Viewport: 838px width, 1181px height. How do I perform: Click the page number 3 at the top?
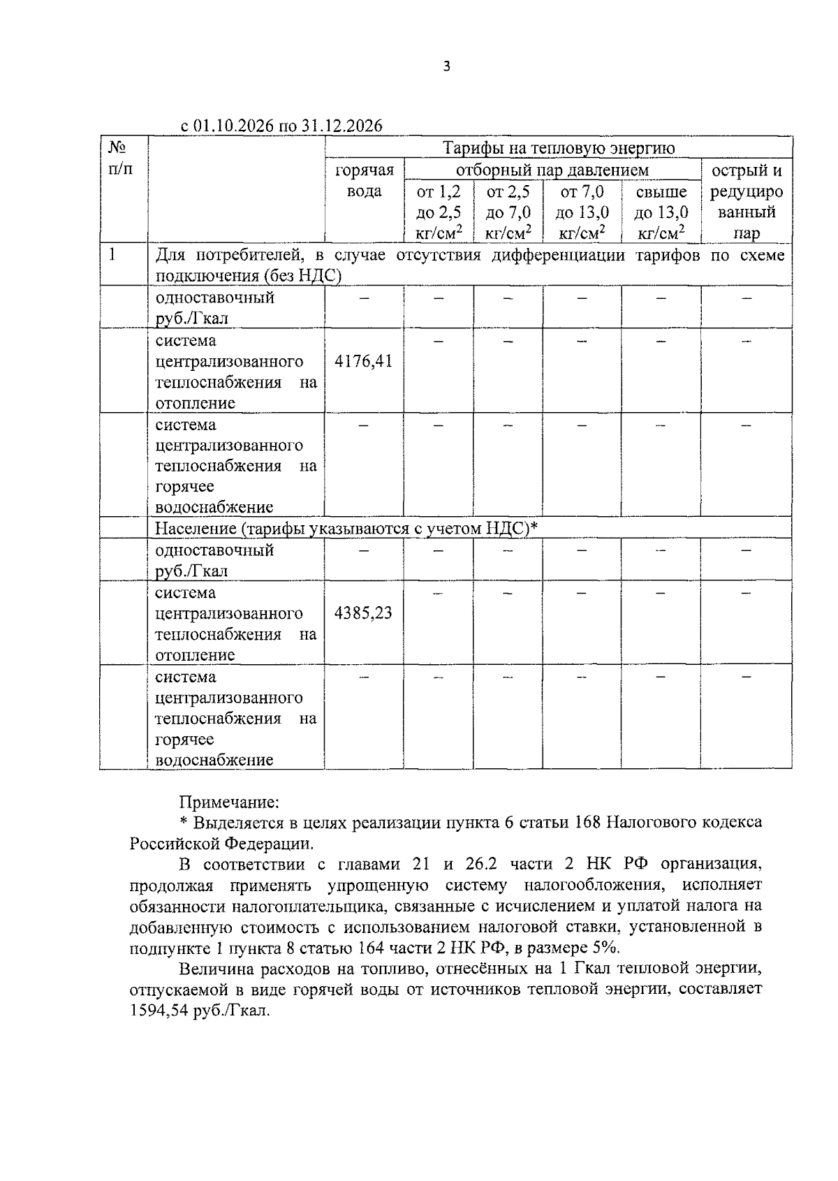[x=447, y=67]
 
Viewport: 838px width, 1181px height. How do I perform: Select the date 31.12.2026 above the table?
[x=342, y=126]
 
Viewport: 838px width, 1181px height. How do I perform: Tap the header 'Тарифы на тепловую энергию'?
[x=559, y=148]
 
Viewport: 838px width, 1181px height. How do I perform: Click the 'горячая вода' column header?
[x=364, y=181]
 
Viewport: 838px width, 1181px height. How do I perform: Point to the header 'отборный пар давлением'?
[x=552, y=170]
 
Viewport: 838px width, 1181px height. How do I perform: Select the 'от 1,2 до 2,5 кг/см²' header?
[x=439, y=212]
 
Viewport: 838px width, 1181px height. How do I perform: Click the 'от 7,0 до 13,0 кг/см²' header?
[x=582, y=212]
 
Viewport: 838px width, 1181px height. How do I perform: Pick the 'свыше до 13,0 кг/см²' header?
[x=661, y=212]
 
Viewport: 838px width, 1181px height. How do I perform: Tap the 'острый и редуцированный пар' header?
[x=746, y=202]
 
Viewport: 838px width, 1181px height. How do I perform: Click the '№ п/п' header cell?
[x=118, y=159]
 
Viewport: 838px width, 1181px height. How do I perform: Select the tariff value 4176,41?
[x=364, y=361]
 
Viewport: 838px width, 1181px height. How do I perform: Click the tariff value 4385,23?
[x=364, y=613]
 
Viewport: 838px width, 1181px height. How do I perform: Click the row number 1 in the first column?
[x=112, y=255]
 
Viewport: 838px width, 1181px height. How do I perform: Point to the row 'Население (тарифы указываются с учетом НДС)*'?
[x=346, y=529]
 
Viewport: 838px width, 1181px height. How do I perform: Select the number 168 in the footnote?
[x=587, y=822]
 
